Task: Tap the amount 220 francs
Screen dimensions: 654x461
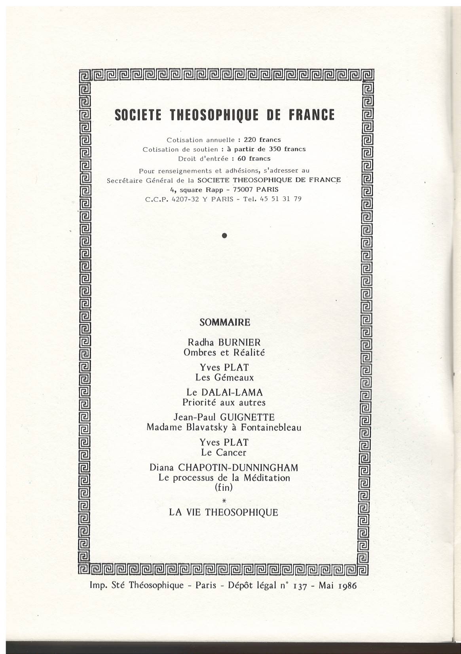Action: [262, 140]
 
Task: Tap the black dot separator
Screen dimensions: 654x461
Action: [224, 235]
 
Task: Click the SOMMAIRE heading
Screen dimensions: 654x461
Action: [225, 322]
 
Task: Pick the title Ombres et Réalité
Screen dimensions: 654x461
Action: [224, 352]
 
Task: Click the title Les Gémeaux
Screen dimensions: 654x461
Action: [224, 377]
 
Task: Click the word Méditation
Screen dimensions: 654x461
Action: [267, 478]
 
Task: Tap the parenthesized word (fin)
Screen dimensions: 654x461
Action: [224, 487]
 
